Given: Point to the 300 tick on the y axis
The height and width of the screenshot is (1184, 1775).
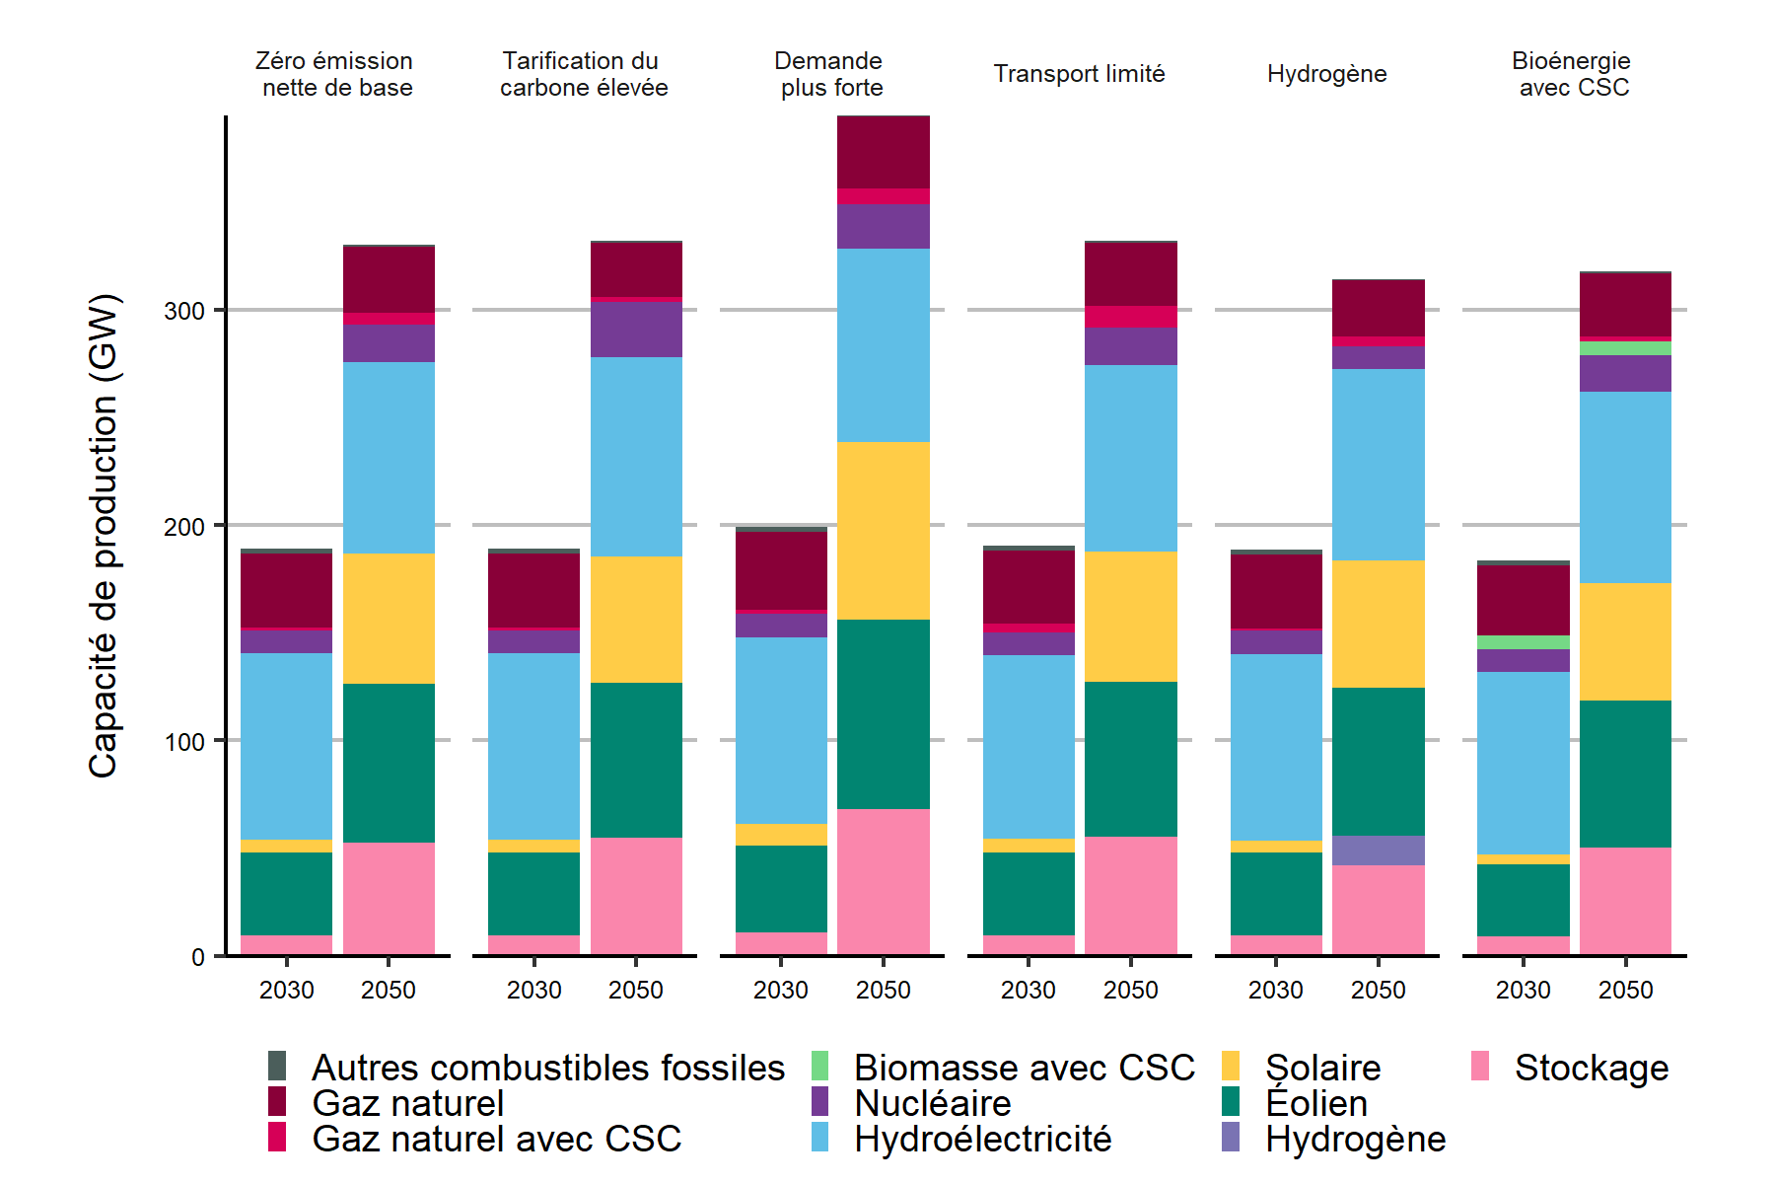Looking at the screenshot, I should [184, 311].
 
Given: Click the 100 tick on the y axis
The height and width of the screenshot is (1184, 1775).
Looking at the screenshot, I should [184, 741].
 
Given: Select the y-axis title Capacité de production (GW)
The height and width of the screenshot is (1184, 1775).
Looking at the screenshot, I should [104, 536].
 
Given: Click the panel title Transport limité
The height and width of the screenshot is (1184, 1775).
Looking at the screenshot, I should [1079, 74].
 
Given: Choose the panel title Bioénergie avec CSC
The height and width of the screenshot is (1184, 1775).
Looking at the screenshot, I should [1573, 74].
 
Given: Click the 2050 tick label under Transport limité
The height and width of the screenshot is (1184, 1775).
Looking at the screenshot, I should [1130, 990].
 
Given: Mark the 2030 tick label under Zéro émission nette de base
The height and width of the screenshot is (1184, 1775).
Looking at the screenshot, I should [286, 990].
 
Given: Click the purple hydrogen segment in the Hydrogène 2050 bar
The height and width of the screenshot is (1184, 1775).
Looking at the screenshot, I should [1378, 851].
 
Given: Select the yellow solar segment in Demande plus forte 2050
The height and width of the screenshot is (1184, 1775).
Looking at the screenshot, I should [883, 531].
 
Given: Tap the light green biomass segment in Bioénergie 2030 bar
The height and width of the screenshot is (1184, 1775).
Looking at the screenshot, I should [1523, 642].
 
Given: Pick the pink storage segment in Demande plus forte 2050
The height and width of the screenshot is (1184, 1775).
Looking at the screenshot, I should [883, 881].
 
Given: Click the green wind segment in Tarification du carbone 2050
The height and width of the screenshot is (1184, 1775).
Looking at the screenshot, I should [636, 760].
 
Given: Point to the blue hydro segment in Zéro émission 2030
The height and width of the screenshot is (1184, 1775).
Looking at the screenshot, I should [286, 746].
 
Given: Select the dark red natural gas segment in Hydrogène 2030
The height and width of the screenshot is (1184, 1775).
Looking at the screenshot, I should [1276, 591].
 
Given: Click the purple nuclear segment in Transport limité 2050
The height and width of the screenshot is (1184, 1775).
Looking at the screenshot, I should [1130, 346].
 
